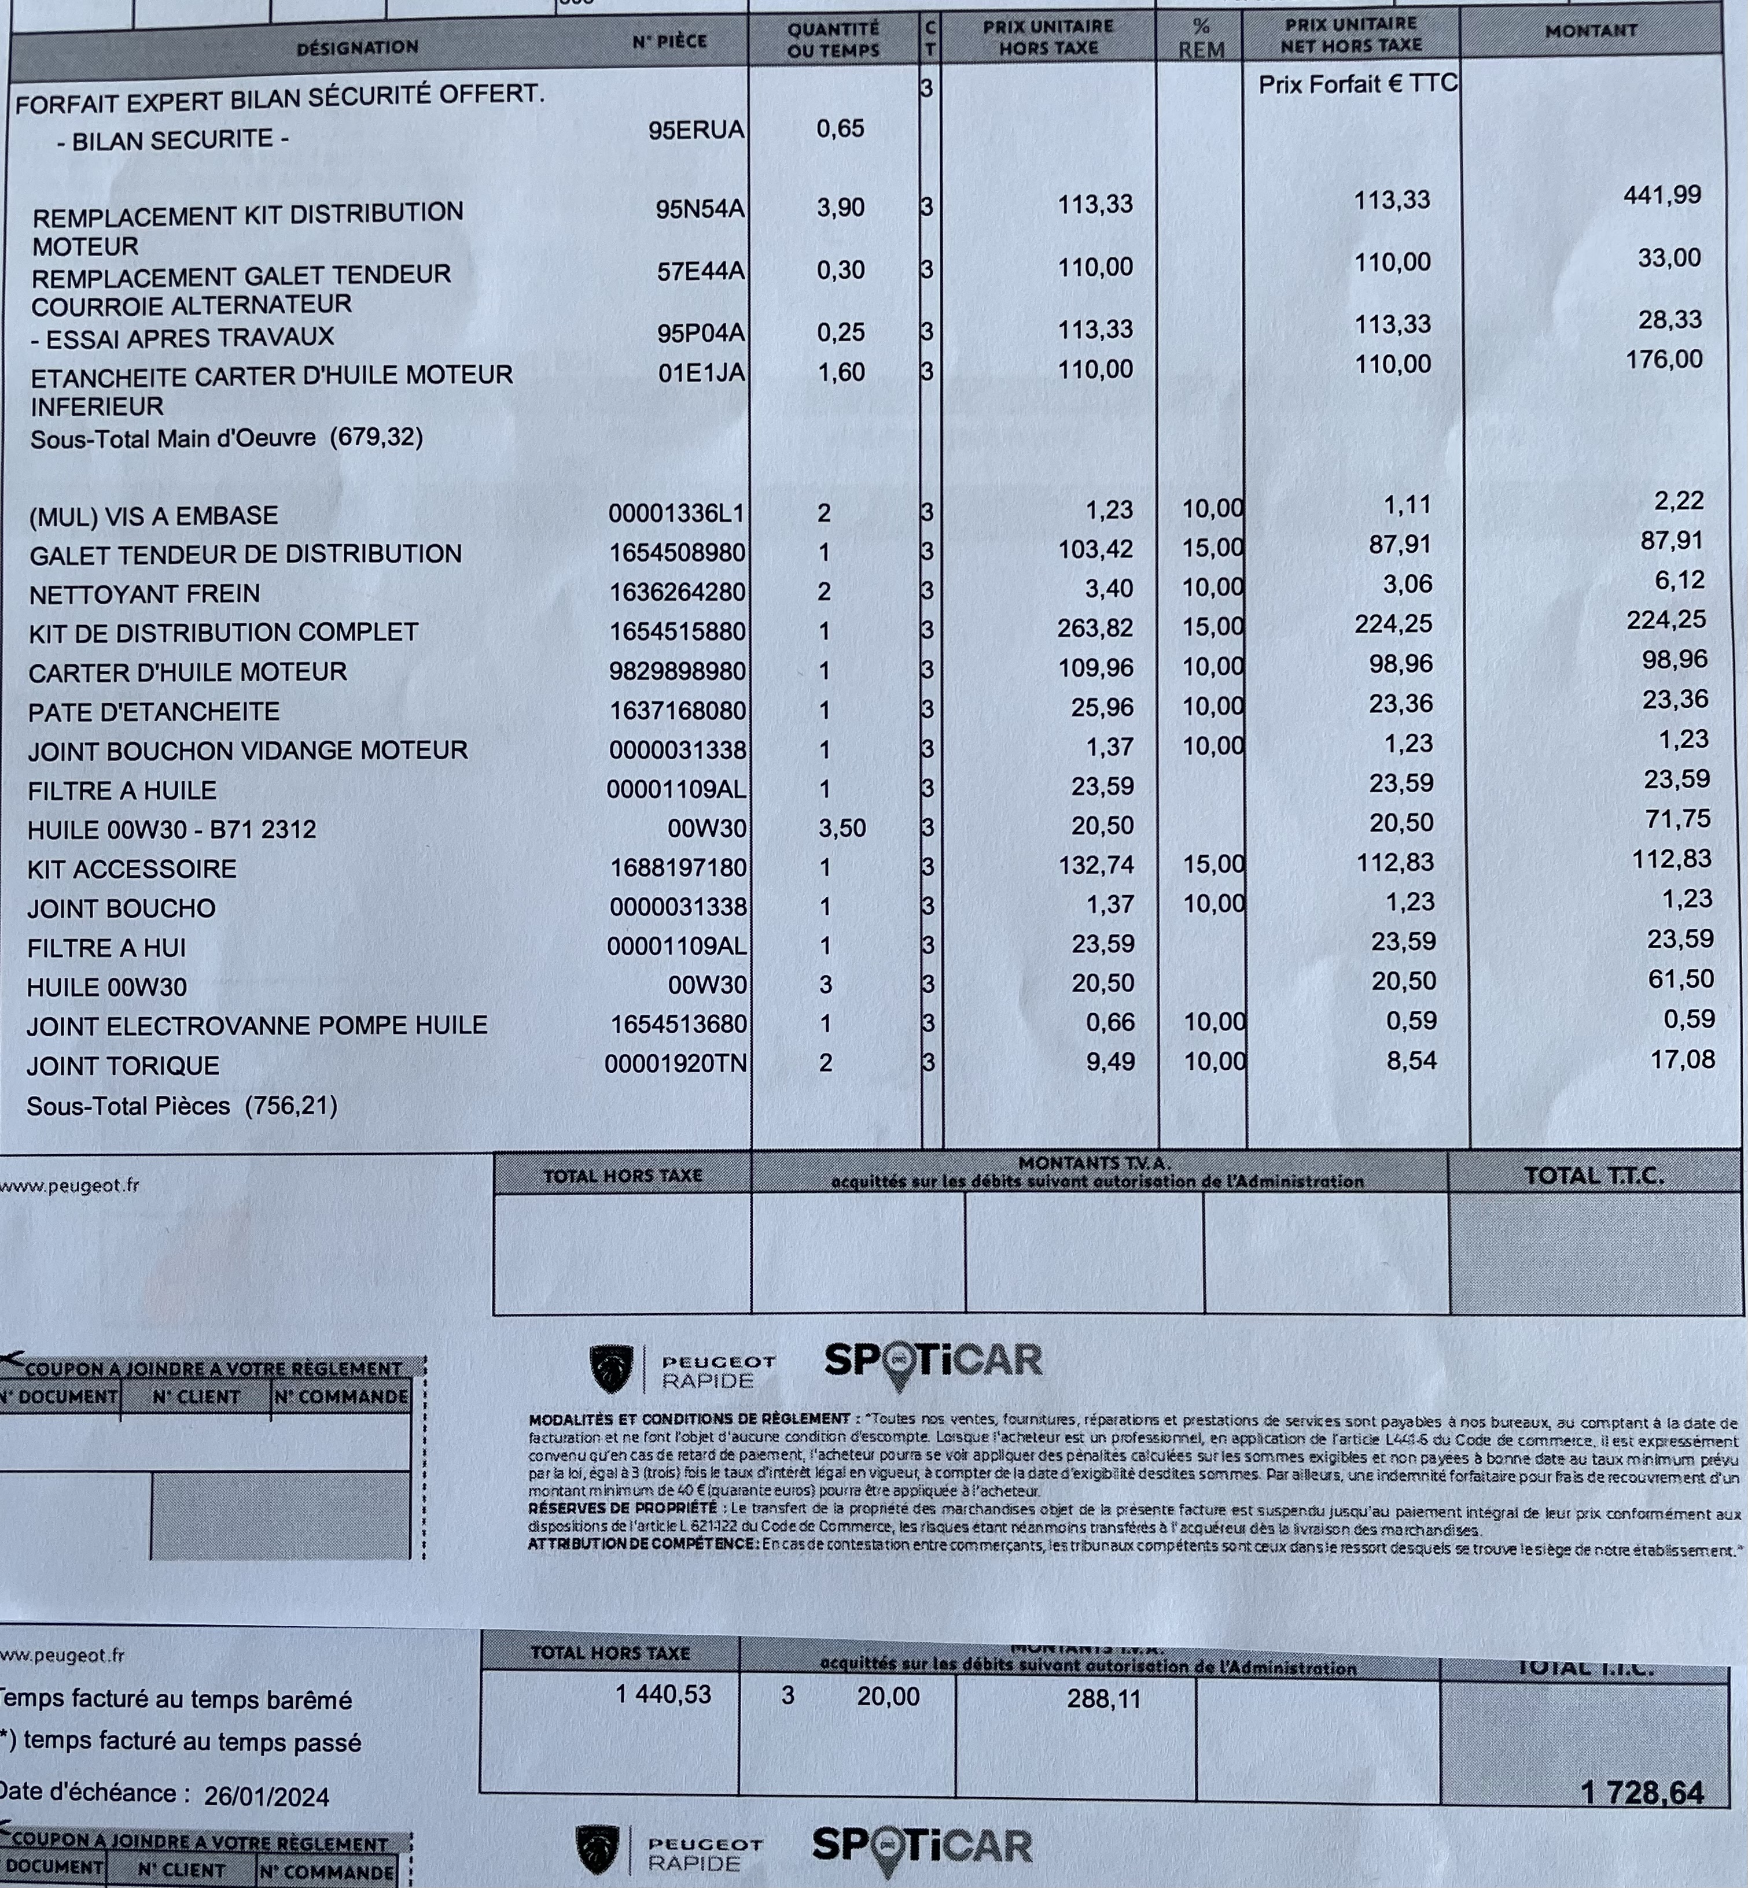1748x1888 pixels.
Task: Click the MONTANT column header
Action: pyautogui.click(x=1591, y=31)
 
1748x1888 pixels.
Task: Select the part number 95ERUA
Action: pyautogui.click(x=696, y=130)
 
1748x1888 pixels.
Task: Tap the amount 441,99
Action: pyautogui.click(x=1662, y=195)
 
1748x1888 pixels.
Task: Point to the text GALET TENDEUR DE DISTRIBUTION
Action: pyautogui.click(x=246, y=554)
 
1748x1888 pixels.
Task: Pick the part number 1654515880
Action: pyautogui.click(x=677, y=631)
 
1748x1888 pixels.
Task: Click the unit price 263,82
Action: pyautogui.click(x=1095, y=629)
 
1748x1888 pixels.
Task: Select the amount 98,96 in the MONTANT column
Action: pyautogui.click(x=1674, y=660)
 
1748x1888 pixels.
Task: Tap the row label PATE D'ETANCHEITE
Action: pyautogui.click(x=154, y=712)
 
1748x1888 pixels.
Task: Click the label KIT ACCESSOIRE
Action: pyautogui.click(x=133, y=869)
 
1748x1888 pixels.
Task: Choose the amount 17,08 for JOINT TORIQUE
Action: pyautogui.click(x=1682, y=1060)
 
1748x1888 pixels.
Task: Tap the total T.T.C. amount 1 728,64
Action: pyautogui.click(x=1642, y=1793)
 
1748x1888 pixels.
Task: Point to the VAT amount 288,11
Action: pyautogui.click(x=1104, y=1699)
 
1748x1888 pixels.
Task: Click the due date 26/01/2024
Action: pyautogui.click(x=267, y=1796)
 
